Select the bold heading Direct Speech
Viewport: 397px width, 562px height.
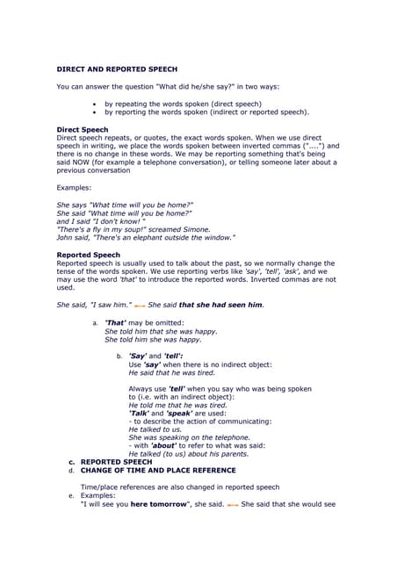point(82,129)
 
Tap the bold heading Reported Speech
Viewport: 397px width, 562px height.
point(88,255)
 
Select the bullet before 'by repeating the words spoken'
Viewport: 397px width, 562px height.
point(94,104)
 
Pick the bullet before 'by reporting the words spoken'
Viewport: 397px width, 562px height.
point(94,112)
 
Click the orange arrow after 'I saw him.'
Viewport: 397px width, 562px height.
point(139,306)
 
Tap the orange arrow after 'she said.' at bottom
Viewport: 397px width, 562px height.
point(233,505)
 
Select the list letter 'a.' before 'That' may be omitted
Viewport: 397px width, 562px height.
point(95,323)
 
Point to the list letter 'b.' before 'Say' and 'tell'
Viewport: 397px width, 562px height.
point(119,356)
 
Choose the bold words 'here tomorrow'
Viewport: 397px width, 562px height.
point(156,505)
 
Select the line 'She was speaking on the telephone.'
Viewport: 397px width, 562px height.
point(189,437)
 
